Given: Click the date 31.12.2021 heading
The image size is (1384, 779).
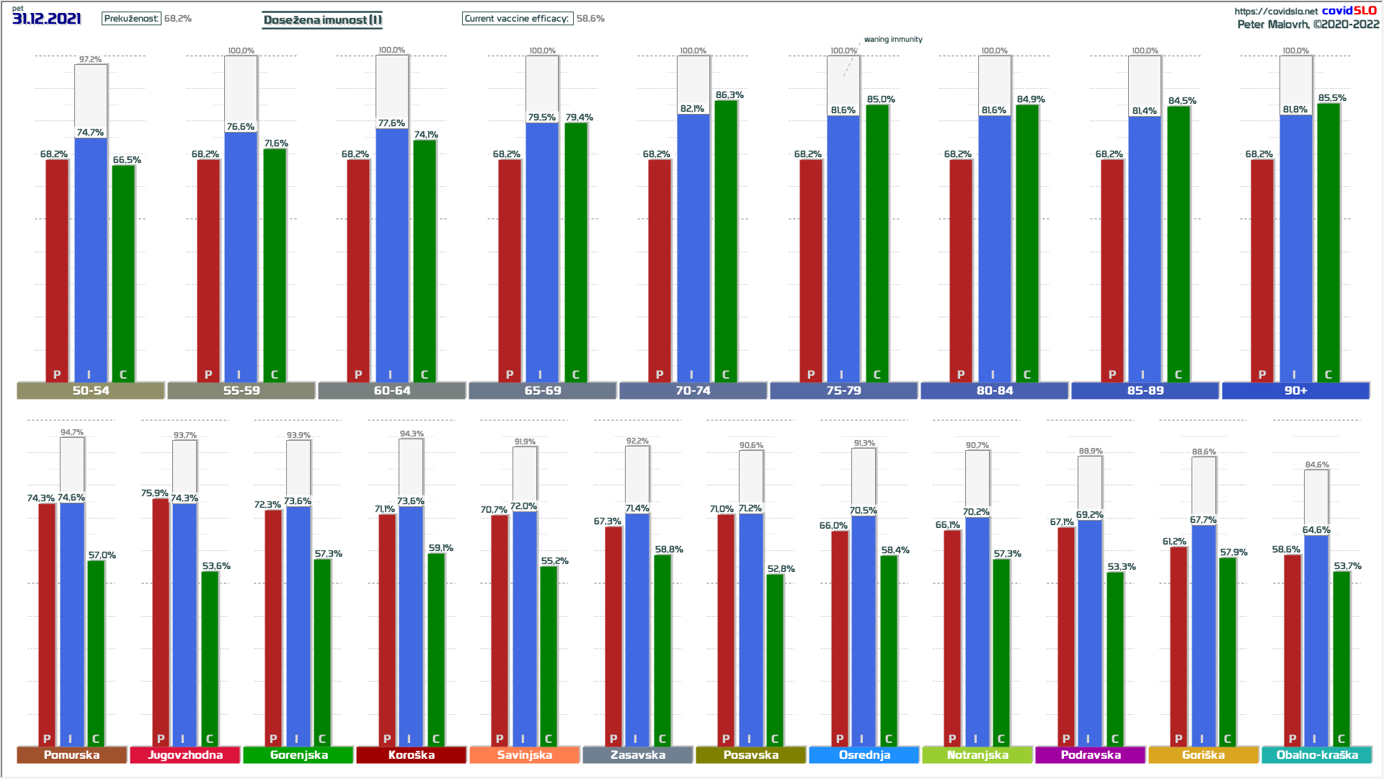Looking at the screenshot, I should pos(47,19).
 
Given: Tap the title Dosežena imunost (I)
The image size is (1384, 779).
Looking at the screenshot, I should pos(322,19).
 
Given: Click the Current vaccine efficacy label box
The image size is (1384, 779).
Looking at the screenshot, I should pos(517,19).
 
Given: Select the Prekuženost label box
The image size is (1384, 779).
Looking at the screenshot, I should pos(131,19).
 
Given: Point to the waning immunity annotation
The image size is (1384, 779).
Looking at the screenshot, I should pos(893,40).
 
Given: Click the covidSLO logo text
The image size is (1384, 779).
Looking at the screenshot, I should pos(1349,10).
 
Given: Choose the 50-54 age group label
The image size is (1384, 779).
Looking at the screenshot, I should pos(91,390).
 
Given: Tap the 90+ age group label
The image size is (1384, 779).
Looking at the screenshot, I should pos(1295,390).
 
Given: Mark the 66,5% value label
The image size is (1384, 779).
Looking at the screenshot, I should pos(127,160).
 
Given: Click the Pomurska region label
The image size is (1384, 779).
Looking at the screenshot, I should pos(71,754).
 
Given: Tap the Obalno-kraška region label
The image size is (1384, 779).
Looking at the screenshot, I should pos(1317,754).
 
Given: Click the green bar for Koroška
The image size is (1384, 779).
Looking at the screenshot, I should pos(436,649).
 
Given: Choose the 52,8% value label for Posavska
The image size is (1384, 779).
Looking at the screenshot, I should pos(781,569).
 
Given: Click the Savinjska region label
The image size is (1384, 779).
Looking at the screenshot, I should pos(525,754).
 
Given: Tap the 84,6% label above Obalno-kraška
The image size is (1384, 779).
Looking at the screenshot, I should pos(1317,465).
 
